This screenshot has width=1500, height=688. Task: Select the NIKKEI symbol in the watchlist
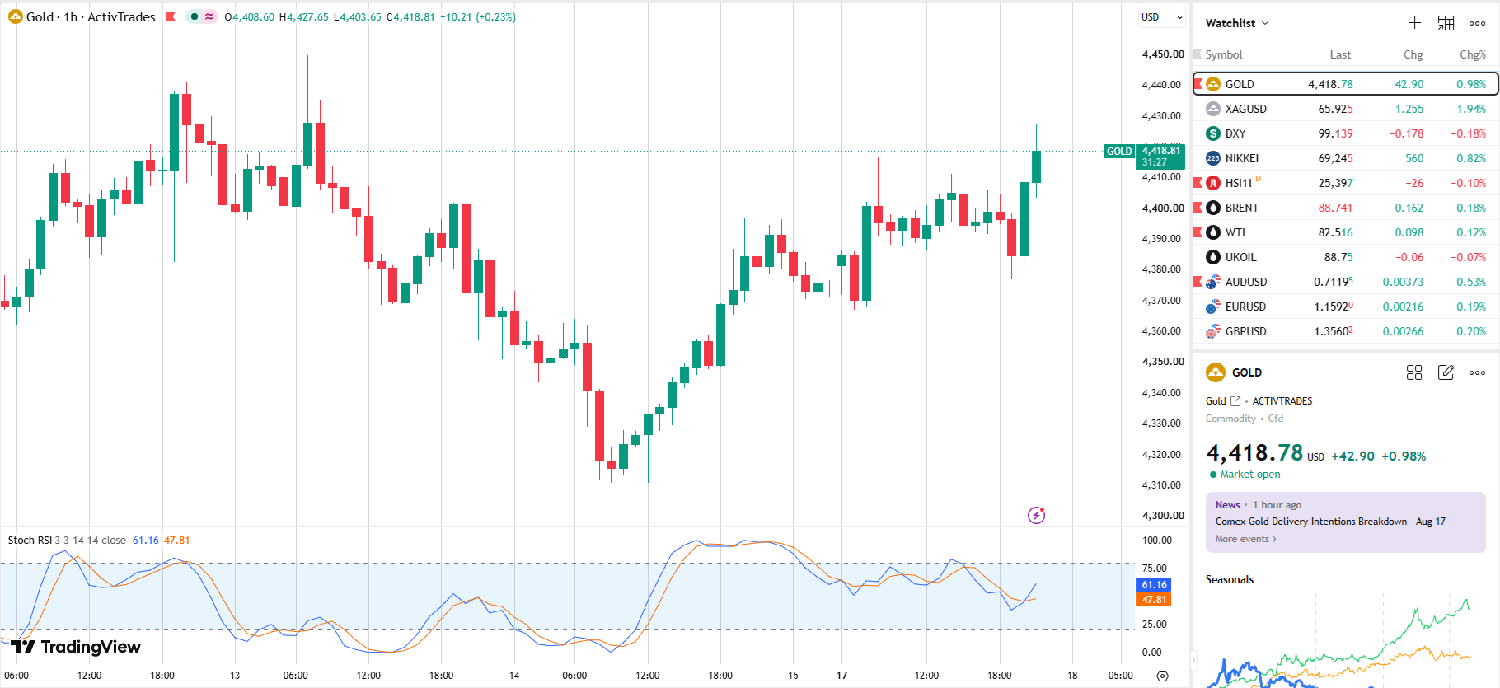(x=1241, y=158)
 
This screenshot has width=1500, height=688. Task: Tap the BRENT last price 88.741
(x=1335, y=208)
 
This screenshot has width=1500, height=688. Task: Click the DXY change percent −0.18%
(x=1469, y=133)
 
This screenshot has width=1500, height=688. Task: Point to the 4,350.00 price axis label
(x=1163, y=362)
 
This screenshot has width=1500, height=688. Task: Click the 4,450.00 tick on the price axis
(x=1163, y=54)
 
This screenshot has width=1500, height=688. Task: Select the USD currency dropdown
(x=1161, y=17)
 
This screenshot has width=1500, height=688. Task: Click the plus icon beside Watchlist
(x=1414, y=23)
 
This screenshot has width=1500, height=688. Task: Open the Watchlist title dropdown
(x=1237, y=23)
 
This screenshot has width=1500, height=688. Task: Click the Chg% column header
(x=1473, y=54)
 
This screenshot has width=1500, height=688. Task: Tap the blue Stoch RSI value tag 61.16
(x=1154, y=585)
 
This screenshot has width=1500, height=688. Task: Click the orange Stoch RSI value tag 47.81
(x=1154, y=600)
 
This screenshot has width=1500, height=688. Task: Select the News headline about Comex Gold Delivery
(x=1330, y=522)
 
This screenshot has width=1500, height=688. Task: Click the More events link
(x=1245, y=539)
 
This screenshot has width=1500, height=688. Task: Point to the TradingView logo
(x=76, y=647)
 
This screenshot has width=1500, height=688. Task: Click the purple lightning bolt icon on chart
(x=1037, y=515)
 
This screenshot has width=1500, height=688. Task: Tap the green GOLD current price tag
(x=1119, y=152)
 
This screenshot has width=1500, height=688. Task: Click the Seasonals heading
(x=1230, y=579)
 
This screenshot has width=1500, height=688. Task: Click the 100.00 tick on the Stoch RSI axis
(x=1157, y=541)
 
